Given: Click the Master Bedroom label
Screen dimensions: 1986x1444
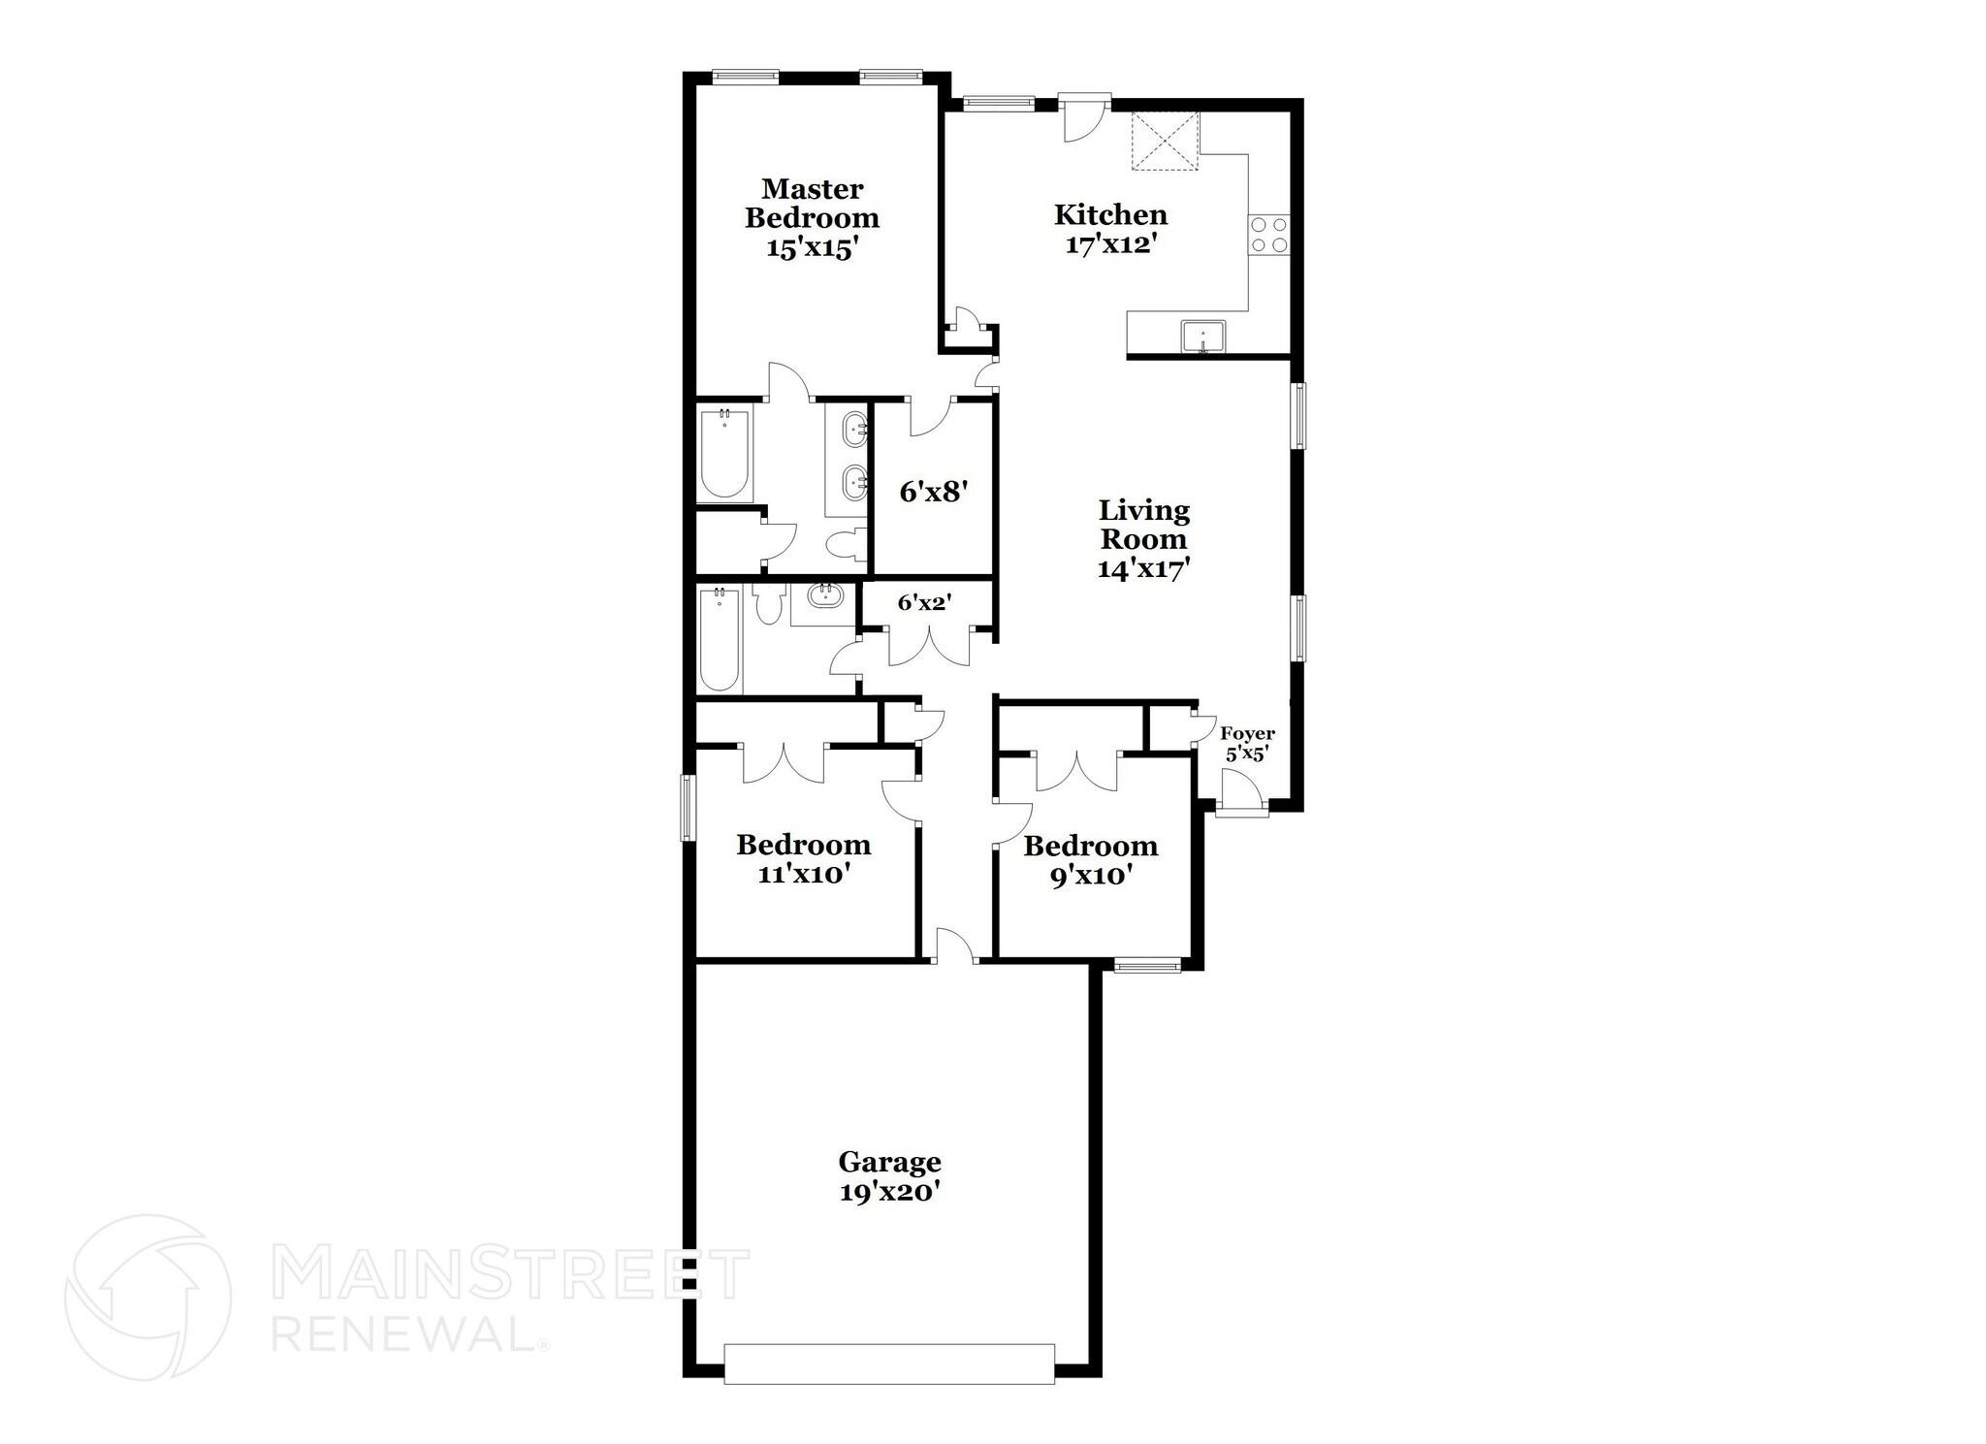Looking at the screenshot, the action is point(813,203).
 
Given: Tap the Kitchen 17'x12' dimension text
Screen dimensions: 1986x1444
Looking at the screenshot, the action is point(1111,243).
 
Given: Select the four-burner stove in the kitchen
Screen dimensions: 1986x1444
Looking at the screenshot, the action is point(1269,234).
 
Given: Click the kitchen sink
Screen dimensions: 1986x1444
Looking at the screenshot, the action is point(1202,337).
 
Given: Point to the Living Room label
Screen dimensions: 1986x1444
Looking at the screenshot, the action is point(1144,524).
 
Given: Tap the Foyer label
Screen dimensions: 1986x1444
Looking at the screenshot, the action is point(1247,734).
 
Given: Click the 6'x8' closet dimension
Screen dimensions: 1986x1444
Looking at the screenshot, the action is point(935,492).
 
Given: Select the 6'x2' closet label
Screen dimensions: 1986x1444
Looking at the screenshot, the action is point(924,602).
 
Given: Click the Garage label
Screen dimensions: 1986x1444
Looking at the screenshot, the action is point(889,1161).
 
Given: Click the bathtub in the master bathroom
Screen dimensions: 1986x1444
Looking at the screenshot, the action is point(723,455).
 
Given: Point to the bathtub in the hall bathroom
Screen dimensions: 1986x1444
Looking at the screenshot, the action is point(720,640).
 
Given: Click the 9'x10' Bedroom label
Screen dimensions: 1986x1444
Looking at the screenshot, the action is point(1091,860).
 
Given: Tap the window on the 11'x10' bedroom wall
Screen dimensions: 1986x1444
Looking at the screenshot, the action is point(688,807).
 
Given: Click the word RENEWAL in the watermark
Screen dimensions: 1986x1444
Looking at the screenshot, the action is point(404,1333).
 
